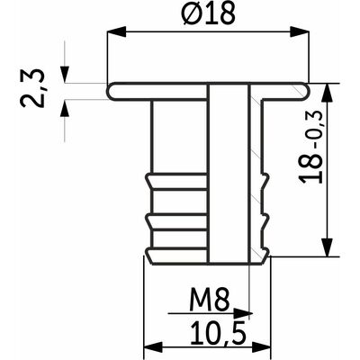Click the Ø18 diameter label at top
208,13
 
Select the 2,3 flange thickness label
32,88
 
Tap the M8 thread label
210,300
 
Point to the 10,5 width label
218,333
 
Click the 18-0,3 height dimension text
311,147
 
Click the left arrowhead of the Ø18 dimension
116,31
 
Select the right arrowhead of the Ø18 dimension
299,31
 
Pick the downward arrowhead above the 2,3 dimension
65,74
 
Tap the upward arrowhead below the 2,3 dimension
65,109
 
